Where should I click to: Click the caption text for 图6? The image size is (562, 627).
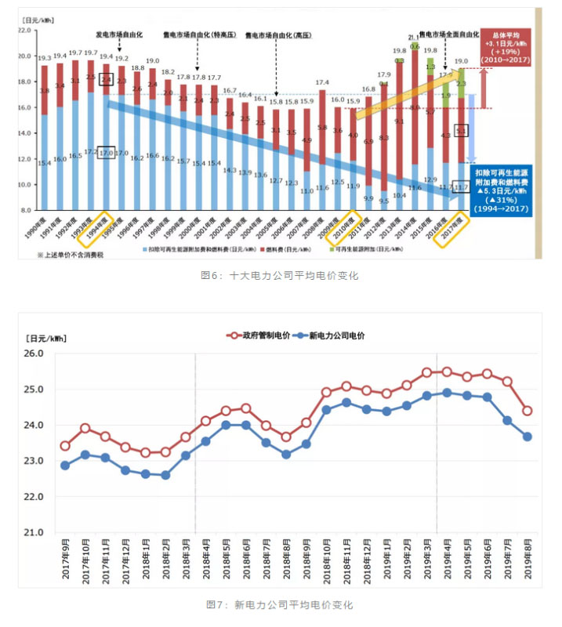click(x=280, y=276)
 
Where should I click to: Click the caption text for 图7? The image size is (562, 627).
click(x=279, y=605)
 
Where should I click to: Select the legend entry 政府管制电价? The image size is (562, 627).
click(x=261, y=335)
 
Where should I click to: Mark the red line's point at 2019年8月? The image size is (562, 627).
click(x=528, y=411)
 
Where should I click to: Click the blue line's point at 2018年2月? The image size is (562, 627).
click(x=165, y=475)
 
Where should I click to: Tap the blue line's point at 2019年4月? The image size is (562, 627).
click(x=447, y=393)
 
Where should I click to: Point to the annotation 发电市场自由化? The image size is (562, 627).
click(x=119, y=35)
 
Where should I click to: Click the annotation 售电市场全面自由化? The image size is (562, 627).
click(x=449, y=35)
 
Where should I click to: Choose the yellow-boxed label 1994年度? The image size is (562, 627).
click(x=104, y=228)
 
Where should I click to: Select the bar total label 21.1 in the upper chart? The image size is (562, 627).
click(x=413, y=38)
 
